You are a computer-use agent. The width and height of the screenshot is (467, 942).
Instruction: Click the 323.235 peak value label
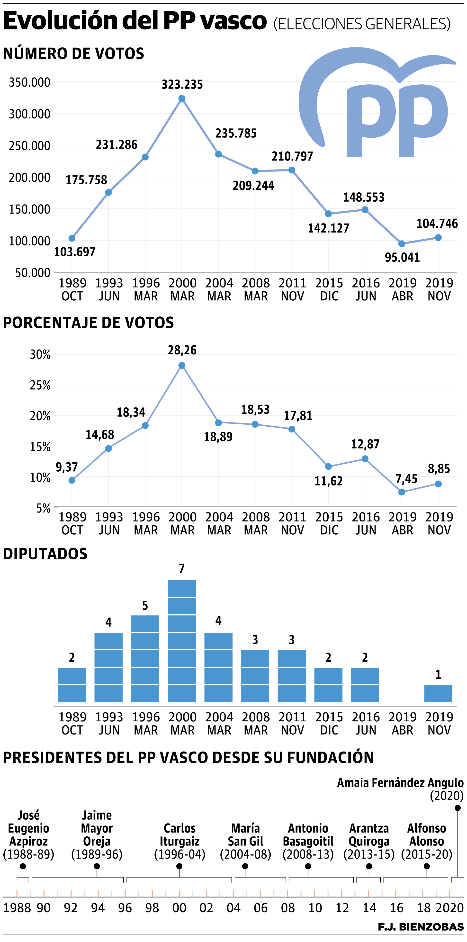click(x=182, y=84)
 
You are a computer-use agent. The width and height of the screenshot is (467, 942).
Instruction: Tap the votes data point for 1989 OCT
click(x=72, y=238)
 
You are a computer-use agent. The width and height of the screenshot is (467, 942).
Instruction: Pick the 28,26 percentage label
click(x=182, y=350)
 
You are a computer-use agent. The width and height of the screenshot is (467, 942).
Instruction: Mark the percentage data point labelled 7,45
click(x=402, y=492)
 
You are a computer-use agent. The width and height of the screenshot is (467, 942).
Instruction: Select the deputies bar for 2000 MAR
click(x=182, y=640)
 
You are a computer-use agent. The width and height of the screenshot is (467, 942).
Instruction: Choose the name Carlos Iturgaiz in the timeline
click(x=180, y=834)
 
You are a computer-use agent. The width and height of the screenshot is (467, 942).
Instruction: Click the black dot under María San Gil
click(x=245, y=866)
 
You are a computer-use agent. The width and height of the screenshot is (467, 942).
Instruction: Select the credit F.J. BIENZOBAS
click(x=421, y=927)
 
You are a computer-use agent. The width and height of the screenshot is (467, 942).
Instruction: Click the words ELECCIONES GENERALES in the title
click(x=362, y=24)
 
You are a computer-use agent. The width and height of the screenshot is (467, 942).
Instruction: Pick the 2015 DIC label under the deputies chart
click(x=329, y=723)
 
